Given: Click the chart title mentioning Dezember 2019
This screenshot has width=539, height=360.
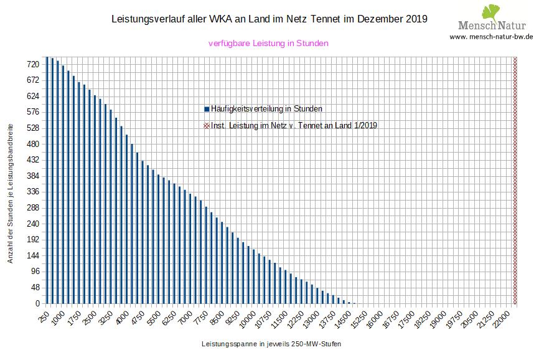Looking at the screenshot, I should (269, 19).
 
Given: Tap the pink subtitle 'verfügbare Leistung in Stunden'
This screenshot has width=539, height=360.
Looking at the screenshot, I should (268, 43).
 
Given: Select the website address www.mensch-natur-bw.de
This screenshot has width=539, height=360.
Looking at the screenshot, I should (491, 37).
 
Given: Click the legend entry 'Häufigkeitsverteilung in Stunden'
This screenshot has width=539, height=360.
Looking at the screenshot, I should (266, 108).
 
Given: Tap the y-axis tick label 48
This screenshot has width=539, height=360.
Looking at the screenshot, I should (35, 287).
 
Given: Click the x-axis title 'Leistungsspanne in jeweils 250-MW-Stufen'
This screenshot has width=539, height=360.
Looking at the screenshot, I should (271, 344).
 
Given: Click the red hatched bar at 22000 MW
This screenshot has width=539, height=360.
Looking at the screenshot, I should (515, 181).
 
